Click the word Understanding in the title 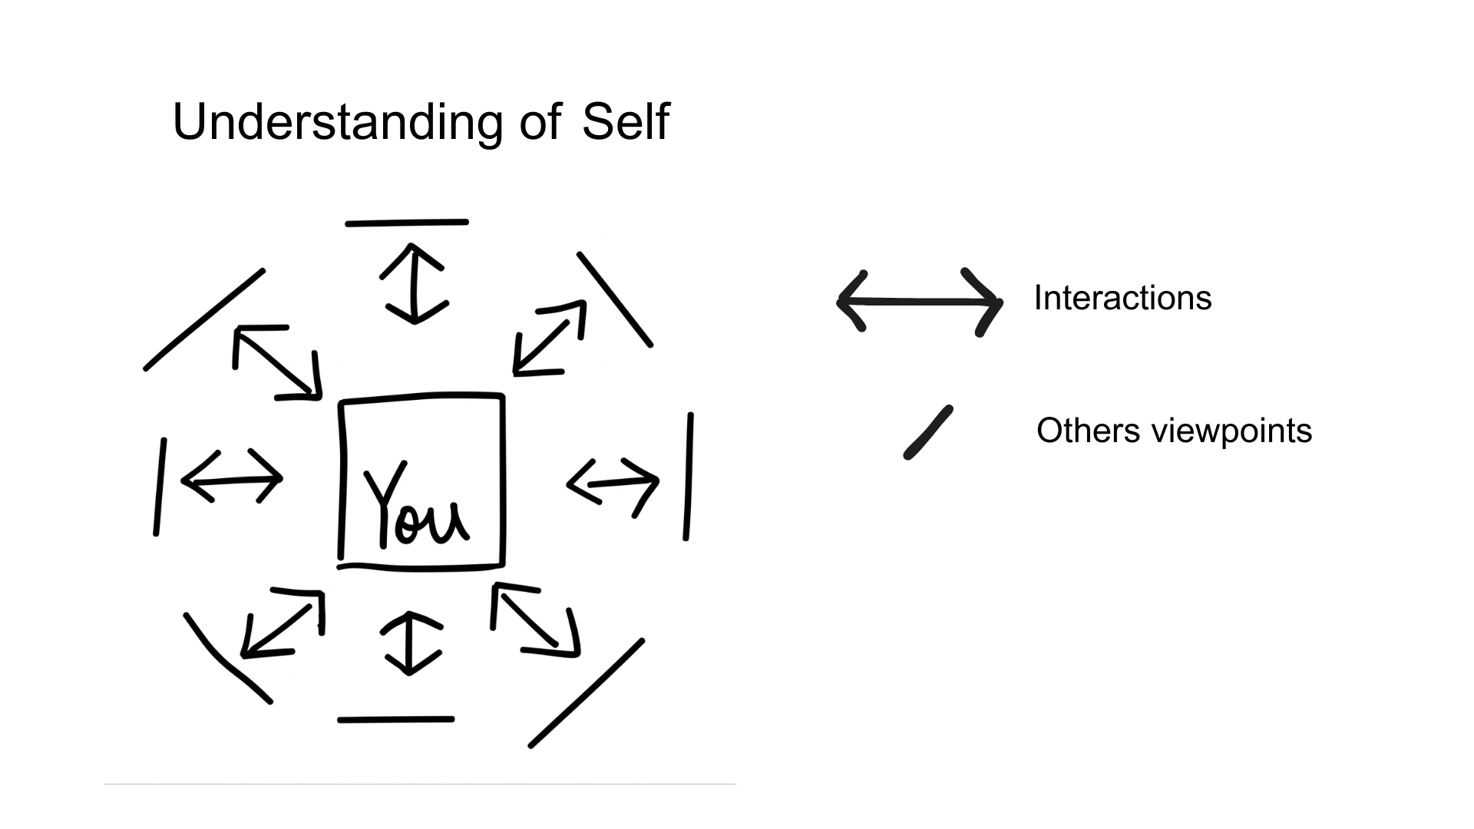pos(338,123)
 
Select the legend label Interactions pos(1122,298)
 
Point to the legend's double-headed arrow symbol pos(919,302)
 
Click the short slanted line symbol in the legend pos(928,432)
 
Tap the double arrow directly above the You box pos(414,283)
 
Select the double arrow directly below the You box pos(411,643)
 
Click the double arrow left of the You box pos(232,478)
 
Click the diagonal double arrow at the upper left pos(277,363)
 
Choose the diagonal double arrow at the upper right pos(550,338)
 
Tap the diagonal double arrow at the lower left pos(282,623)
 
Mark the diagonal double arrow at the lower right pos(535,619)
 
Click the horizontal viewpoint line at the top pos(407,223)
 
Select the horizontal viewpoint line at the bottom pos(396,719)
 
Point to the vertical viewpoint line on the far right pos(689,476)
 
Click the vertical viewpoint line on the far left pos(160,487)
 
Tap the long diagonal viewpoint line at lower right pos(587,692)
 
